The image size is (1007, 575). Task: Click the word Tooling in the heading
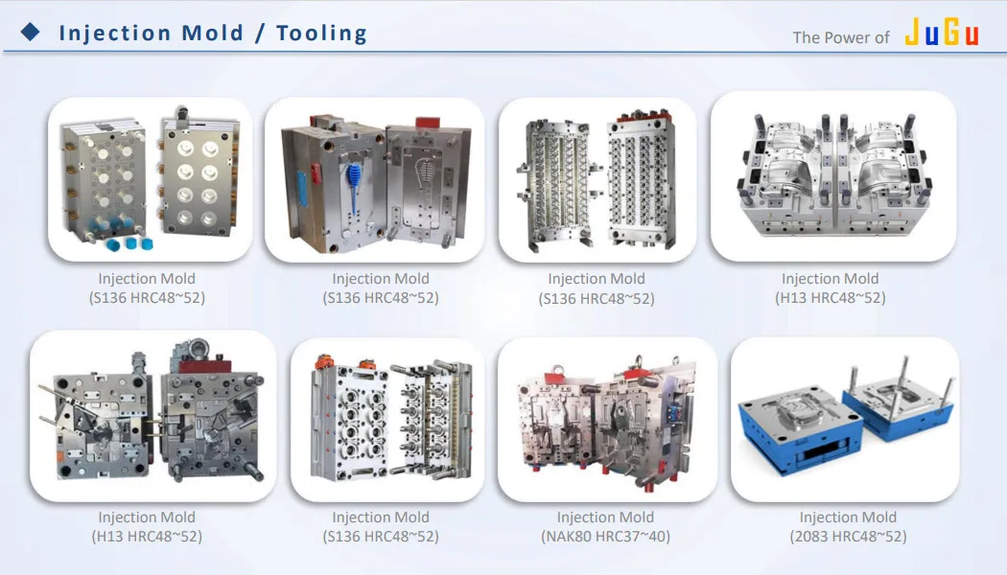pyautogui.click(x=321, y=33)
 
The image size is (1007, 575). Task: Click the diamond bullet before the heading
pyautogui.click(x=31, y=33)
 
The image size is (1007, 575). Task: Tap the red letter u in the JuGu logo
pyautogui.click(x=971, y=36)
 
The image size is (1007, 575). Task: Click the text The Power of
pyautogui.click(x=841, y=37)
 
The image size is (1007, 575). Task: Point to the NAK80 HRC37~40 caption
pyautogui.click(x=606, y=537)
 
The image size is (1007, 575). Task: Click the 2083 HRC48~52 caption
pyautogui.click(x=848, y=537)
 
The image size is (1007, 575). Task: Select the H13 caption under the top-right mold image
pyautogui.click(x=831, y=298)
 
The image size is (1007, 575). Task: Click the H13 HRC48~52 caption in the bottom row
pyautogui.click(x=147, y=537)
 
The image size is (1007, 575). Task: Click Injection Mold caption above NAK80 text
pyautogui.click(x=606, y=517)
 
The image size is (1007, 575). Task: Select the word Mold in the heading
pyautogui.click(x=214, y=33)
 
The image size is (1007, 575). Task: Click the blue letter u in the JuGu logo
pyautogui.click(x=931, y=36)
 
